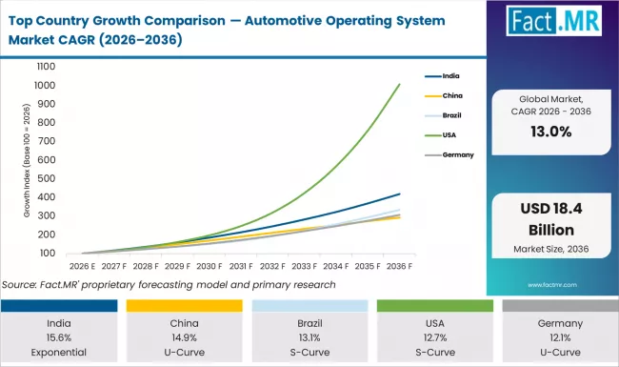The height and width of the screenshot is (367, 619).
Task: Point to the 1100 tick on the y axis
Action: click(x=45, y=67)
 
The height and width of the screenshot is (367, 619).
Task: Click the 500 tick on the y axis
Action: click(x=47, y=179)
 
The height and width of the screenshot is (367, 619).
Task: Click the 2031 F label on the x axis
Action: click(x=241, y=268)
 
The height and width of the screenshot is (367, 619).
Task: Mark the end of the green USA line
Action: click(x=399, y=84)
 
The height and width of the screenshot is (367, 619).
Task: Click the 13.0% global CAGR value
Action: click(x=551, y=132)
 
